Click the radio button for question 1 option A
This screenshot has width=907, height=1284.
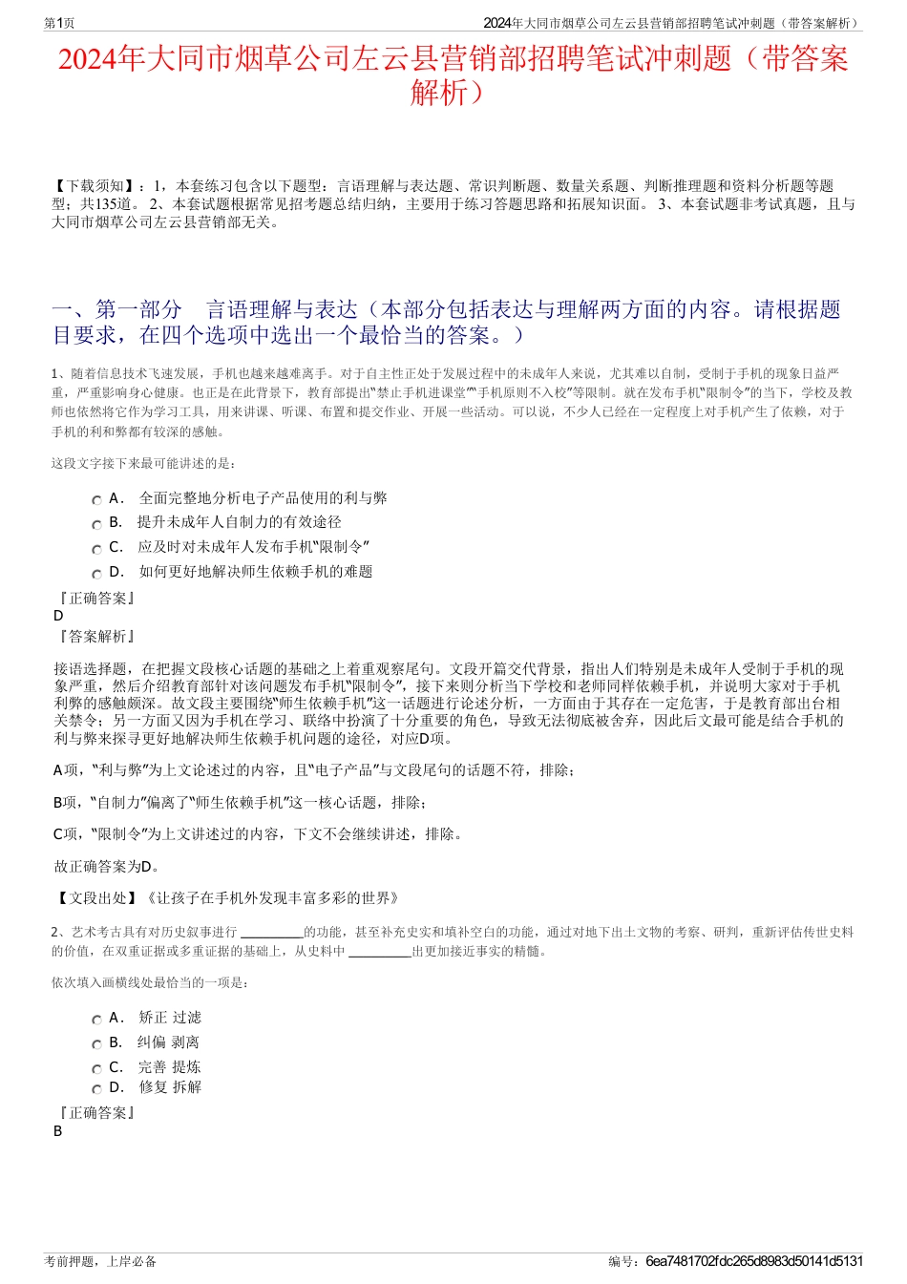tap(96, 500)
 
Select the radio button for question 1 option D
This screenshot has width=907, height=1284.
tap(96, 574)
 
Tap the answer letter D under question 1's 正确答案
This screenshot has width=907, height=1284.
tap(59, 617)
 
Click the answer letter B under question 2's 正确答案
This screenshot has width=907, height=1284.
tap(58, 1131)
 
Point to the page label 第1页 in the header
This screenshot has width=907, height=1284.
tap(59, 24)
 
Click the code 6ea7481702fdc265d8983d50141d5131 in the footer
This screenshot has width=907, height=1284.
tap(754, 1261)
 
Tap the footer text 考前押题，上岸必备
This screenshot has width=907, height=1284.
tap(100, 1261)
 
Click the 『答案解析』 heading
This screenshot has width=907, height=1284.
tap(96, 637)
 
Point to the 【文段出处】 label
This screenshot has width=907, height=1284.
tap(96, 897)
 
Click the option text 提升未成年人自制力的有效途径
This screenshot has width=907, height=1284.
tap(239, 522)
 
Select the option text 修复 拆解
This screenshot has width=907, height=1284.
tap(170, 1087)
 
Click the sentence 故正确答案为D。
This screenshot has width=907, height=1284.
tap(108, 867)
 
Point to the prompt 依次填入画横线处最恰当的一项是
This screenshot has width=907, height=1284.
tap(151, 982)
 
